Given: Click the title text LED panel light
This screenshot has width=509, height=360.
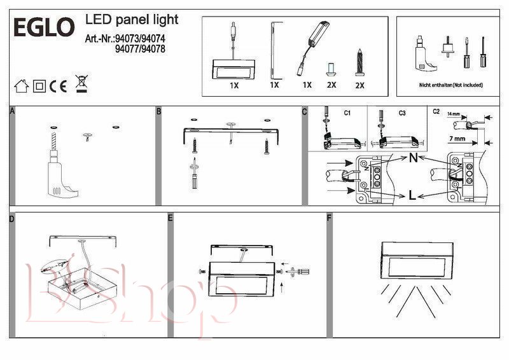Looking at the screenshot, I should click(x=132, y=20).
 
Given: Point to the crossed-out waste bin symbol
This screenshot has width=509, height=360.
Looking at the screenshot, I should click(x=81, y=83).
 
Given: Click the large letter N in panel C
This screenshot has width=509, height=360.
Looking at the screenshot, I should click(x=413, y=158).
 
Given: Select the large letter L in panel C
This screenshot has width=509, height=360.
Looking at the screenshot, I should click(x=413, y=195).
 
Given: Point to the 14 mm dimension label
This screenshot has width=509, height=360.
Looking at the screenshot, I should click(x=453, y=113).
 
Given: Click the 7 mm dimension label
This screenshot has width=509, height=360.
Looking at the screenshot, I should click(x=456, y=138).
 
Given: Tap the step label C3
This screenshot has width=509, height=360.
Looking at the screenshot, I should click(x=401, y=113).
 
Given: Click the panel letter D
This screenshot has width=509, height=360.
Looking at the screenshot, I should click(x=12, y=218).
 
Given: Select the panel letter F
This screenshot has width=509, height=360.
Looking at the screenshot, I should click(x=329, y=218).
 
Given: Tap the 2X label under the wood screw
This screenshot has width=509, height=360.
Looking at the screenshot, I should click(x=359, y=85).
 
